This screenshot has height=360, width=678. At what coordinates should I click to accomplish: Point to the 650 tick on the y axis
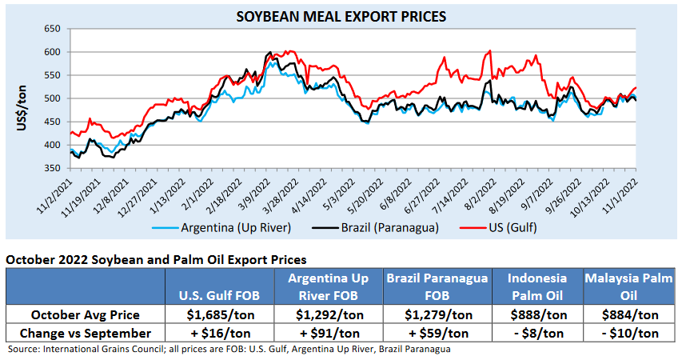point(52,29)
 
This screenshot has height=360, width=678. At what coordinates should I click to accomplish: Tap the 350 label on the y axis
point(52,168)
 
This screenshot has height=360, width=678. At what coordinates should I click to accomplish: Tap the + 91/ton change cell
point(329,333)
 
